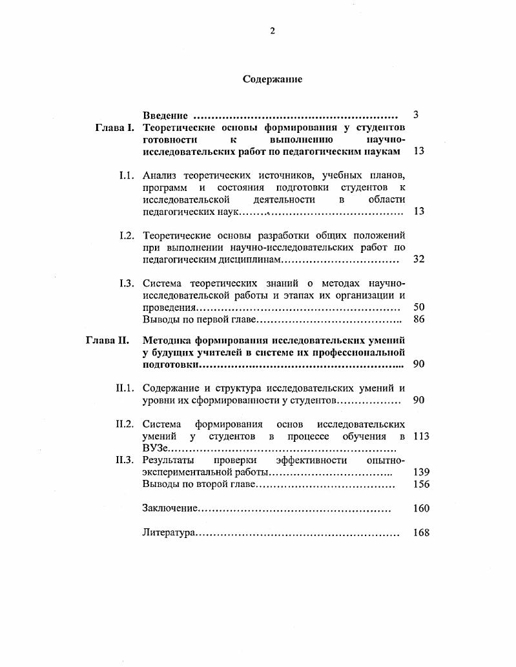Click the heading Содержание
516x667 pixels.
coord(272,79)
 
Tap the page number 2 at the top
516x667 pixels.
coord(272,31)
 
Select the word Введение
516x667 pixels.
coord(165,115)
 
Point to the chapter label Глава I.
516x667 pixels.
coord(114,128)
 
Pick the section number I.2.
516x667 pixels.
coord(126,235)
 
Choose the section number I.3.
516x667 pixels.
coord(126,283)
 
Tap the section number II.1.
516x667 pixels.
coord(124,388)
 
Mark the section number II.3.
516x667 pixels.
coord(124,460)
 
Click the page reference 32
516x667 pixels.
coord(418,259)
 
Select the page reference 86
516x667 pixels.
coord(418,319)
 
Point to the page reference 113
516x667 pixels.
coord(420,436)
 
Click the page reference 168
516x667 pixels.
coord(420,533)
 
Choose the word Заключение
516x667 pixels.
coord(169,508)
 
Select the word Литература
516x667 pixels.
coord(168,533)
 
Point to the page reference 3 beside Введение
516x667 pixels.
coord(417,115)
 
